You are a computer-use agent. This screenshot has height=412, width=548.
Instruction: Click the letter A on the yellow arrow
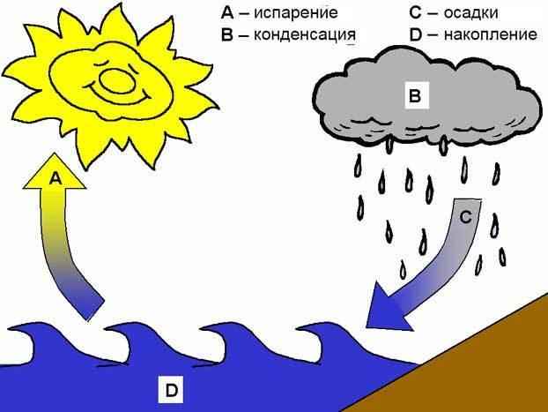[x=55, y=178]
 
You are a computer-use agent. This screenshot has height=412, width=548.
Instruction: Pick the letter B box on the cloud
[x=413, y=94]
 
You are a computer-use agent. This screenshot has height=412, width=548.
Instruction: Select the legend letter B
[x=227, y=37]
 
